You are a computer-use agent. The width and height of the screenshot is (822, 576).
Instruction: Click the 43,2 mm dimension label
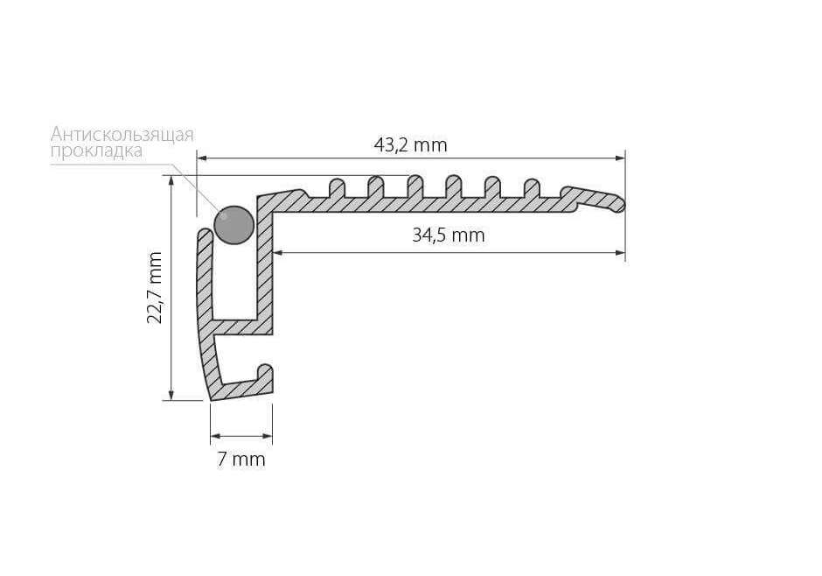pyautogui.click(x=410, y=144)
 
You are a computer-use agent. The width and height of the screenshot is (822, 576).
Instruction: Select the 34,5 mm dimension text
pyautogui.click(x=449, y=235)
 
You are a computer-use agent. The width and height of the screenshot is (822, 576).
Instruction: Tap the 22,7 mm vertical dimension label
pyautogui.click(x=155, y=287)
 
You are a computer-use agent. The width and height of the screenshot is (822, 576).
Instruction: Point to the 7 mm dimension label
pyautogui.click(x=241, y=460)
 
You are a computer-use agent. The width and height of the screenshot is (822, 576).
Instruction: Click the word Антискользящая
pyautogui.click(x=122, y=135)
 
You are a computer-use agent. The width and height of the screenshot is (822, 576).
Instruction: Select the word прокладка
pyautogui.click(x=96, y=151)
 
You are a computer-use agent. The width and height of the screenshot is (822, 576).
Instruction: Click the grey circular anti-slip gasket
pyautogui.click(x=233, y=224)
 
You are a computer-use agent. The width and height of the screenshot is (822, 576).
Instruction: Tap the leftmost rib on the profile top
pyautogui.click(x=337, y=188)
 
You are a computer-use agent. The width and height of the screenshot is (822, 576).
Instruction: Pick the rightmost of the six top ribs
pyautogui.click(x=532, y=188)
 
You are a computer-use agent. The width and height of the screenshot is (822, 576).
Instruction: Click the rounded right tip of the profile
pyautogui.click(x=620, y=204)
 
